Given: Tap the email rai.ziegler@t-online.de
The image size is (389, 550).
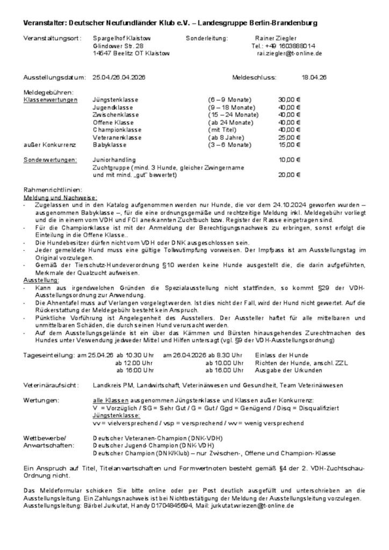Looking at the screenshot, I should point(290,54).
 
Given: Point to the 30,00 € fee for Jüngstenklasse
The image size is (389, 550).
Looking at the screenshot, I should point(289,100).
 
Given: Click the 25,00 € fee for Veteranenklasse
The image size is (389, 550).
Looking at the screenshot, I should point(289,137).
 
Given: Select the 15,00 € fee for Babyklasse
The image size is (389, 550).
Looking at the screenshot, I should point(289,145).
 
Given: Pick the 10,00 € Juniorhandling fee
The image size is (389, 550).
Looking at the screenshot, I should point(289,160).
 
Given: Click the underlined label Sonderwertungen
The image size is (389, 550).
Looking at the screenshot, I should point(51,160).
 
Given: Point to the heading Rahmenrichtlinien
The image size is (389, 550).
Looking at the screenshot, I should point(53,190).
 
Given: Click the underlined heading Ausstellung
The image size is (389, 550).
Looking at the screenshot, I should point(41,280).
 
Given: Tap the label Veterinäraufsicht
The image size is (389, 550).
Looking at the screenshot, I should point(51,386).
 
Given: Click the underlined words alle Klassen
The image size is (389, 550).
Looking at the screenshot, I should point(109,401).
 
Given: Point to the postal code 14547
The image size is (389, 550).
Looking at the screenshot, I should point(102,54).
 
